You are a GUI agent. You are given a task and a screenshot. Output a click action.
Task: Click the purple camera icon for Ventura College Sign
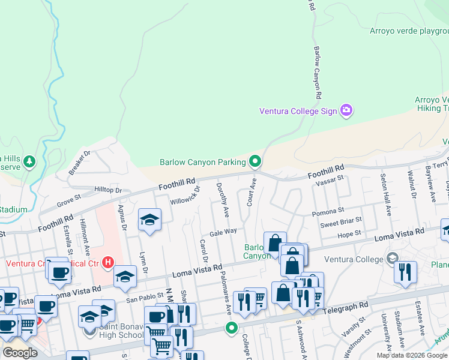[346, 110]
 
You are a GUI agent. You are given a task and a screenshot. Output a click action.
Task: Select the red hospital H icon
[108, 262]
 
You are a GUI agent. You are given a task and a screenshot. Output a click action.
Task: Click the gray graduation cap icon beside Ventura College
[393, 259]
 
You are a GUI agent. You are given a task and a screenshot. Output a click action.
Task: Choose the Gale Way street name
[223, 231]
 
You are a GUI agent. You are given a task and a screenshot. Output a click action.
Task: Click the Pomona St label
[328, 211]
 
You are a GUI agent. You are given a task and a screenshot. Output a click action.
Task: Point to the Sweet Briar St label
[340, 223]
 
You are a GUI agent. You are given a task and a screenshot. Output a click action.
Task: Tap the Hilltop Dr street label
[108, 190]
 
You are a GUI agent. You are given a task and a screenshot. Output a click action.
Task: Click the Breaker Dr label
[79, 163]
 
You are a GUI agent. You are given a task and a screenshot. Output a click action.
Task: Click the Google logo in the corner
[20, 353]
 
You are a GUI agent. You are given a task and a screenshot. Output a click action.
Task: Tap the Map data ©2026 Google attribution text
[412, 355]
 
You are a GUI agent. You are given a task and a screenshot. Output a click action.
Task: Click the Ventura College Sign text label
[298, 111]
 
